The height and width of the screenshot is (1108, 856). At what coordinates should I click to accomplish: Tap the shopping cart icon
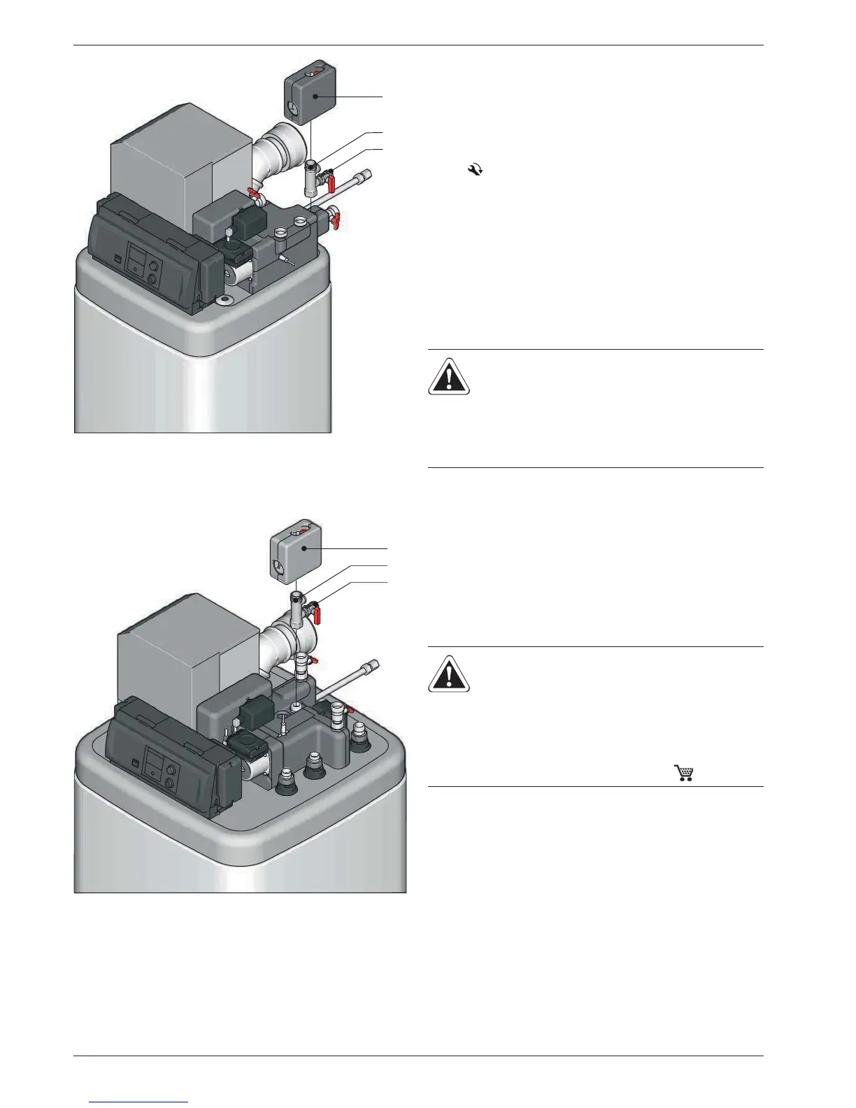coord(683,772)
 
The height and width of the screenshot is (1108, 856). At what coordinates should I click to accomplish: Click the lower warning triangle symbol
coord(449,674)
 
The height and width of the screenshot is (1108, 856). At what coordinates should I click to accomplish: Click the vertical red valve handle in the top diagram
coord(332,184)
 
